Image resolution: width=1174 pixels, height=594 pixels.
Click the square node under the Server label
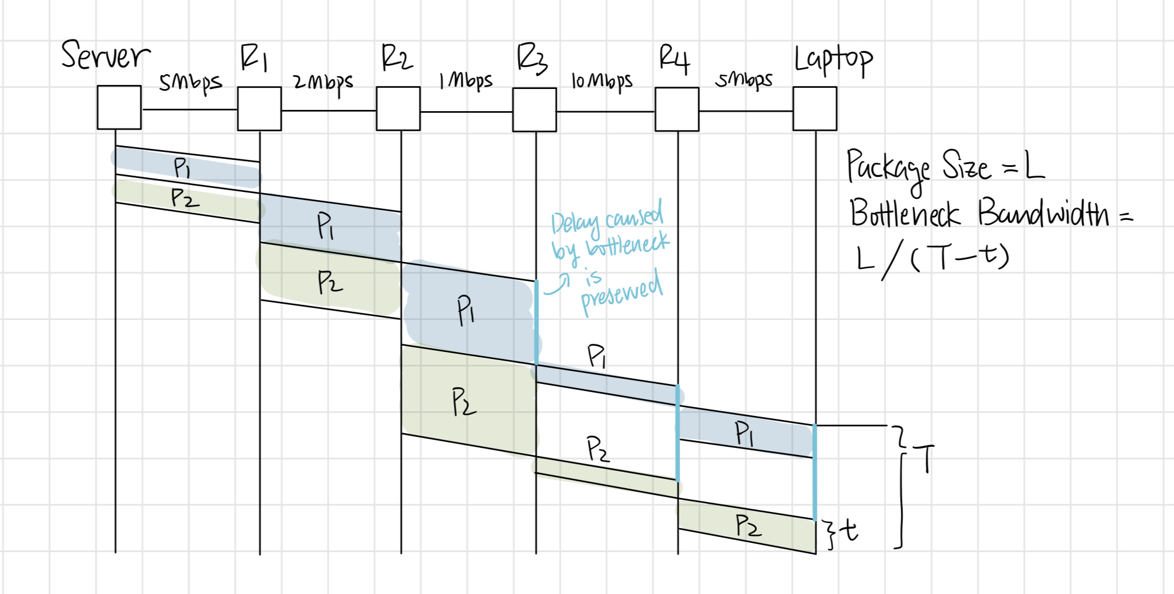(119, 108)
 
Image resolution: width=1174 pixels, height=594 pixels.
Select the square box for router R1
(259, 109)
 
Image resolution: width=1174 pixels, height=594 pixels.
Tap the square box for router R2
(399, 109)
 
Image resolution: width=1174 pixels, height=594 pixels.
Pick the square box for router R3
(535, 110)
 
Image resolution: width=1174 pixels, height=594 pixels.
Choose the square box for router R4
(677, 109)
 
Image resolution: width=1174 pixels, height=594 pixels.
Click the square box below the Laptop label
(815, 109)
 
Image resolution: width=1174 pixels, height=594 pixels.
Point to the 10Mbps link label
(602, 82)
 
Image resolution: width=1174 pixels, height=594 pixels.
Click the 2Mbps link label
(323, 83)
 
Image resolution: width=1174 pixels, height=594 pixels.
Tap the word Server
(105, 56)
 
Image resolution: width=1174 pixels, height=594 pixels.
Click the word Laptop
(834, 60)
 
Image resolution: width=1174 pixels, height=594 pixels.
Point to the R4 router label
(674, 59)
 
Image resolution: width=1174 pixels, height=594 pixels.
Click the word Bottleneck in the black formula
(904, 214)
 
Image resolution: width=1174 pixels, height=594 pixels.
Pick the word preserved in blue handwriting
(622, 294)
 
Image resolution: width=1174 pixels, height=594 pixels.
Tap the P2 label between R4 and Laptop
(748, 526)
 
